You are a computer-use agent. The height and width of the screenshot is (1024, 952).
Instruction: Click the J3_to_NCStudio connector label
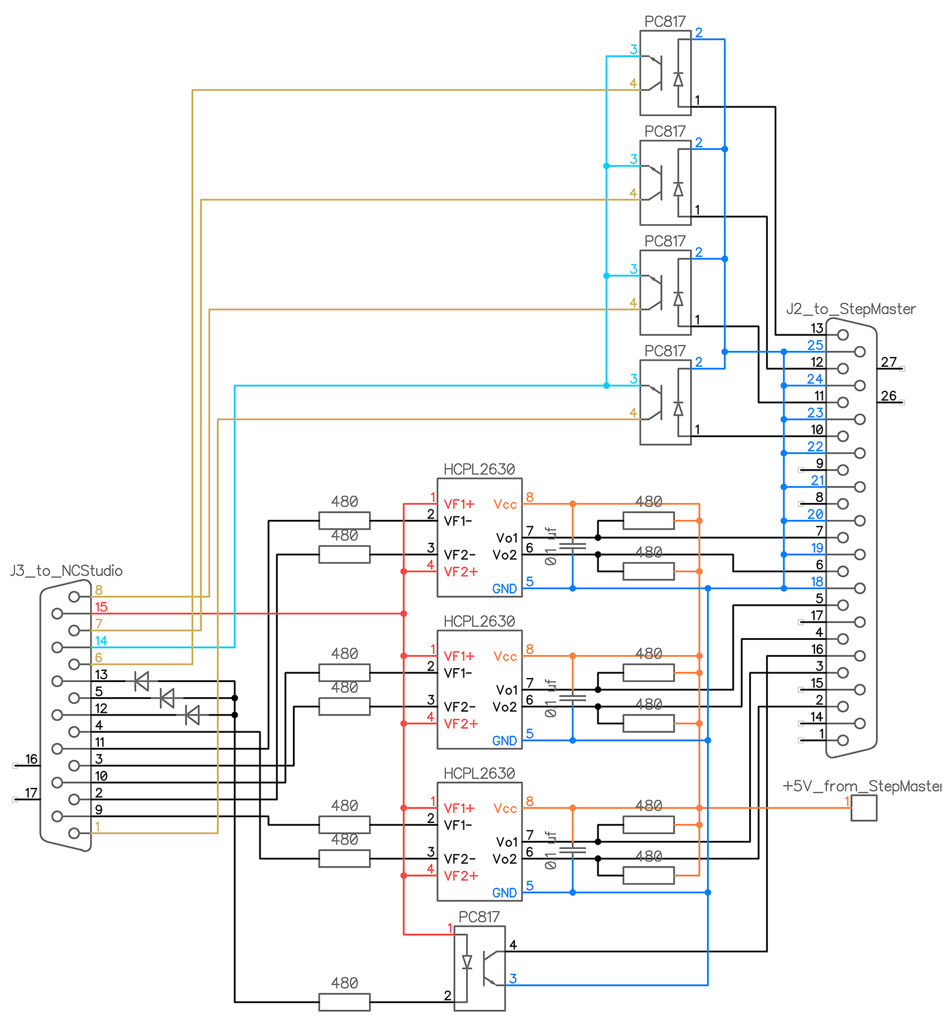tap(66, 571)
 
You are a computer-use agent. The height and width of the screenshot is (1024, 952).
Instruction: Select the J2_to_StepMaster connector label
tap(850, 309)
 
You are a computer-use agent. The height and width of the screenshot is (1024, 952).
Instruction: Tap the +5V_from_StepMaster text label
tap(861, 786)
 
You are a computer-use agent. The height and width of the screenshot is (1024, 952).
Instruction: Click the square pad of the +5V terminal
tap(864, 808)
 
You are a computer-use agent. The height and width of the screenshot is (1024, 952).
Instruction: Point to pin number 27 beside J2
tap(888, 362)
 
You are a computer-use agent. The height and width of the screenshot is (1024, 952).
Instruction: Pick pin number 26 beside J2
tap(888, 396)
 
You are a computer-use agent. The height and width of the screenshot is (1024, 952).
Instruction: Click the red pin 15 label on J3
tap(101, 607)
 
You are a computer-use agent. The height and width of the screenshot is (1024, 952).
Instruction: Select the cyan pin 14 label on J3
tap(101, 641)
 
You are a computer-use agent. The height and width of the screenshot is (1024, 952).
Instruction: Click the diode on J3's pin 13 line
tap(142, 682)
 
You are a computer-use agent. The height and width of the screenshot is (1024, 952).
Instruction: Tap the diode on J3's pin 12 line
tap(192, 715)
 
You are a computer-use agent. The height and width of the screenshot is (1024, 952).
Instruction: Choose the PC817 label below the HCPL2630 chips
tap(479, 917)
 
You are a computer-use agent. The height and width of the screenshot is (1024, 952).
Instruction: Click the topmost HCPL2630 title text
tap(479, 470)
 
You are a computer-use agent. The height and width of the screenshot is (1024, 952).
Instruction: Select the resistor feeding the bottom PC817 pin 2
tap(344, 1002)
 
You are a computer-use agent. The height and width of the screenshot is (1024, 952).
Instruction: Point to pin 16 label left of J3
tap(31, 759)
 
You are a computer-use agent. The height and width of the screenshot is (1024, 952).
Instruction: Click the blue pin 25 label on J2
tap(815, 345)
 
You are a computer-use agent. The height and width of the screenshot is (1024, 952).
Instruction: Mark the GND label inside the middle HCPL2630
tap(504, 741)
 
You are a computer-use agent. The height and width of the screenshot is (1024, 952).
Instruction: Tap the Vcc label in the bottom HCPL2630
tap(505, 809)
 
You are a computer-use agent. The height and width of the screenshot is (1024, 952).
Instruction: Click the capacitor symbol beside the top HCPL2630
tap(573, 546)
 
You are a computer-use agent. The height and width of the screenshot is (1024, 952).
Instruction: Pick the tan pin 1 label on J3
tap(98, 826)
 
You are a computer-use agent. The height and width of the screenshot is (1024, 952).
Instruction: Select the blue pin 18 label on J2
tap(816, 582)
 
